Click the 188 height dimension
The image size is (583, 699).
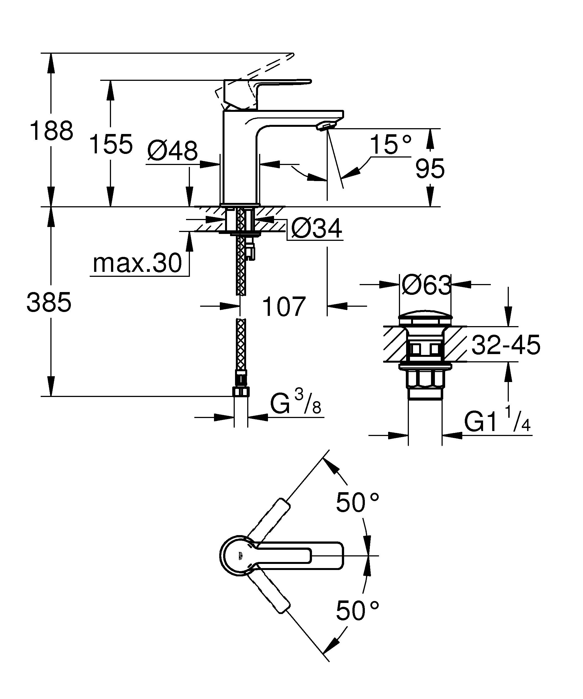tap(51, 131)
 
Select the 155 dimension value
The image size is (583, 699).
tap(111, 144)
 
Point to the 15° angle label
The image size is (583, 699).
tap(390, 145)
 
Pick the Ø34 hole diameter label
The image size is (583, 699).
tap(316, 229)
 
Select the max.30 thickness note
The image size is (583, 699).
tap(137, 263)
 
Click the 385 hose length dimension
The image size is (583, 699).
tap(49, 302)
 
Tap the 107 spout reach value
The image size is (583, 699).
tap(283, 306)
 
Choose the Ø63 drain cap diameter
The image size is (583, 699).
tap(426, 285)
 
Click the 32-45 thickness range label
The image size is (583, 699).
tap(506, 345)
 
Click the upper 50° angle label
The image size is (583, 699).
tap(357, 502)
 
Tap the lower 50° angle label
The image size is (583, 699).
tap(357, 610)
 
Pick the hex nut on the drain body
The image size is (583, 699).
tap(425, 380)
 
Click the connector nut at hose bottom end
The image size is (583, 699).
tap(241, 392)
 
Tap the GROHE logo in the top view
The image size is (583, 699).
tap(239, 556)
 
